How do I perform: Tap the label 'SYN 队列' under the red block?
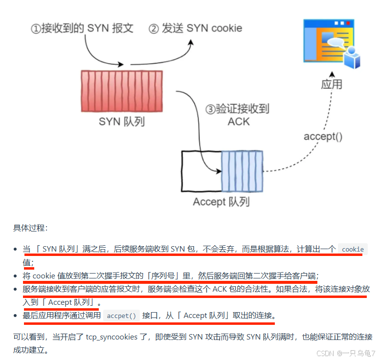pos(121,121)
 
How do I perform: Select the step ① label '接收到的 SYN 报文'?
pos(82,28)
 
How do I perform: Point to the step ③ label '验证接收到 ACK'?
pos(238,115)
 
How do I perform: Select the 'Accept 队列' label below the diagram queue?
pos(221,201)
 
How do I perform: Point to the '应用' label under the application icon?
pos(332,84)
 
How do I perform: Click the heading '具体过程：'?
pos(30,228)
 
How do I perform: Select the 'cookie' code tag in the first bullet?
pos(353,249)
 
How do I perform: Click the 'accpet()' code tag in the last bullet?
pos(121,316)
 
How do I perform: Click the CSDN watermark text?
pos(345,353)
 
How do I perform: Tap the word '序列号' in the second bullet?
pos(149,275)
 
